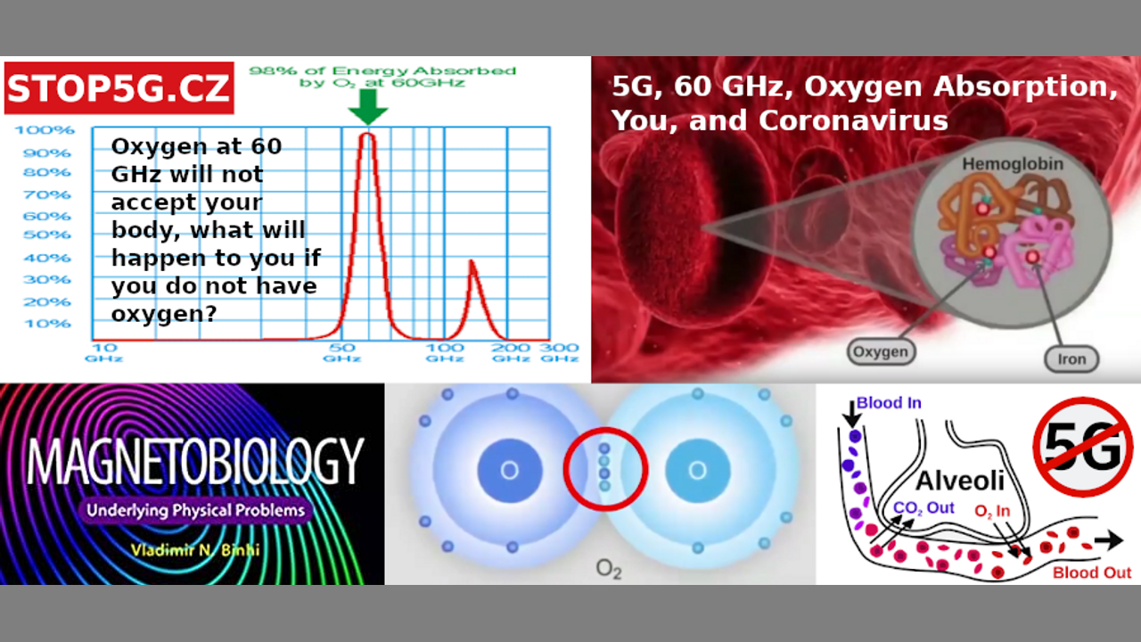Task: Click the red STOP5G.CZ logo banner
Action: tap(119, 87)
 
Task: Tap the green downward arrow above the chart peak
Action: tap(368, 106)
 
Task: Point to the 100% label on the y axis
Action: tap(45, 130)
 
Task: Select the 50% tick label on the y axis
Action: tap(47, 235)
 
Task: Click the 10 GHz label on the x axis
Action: tap(104, 352)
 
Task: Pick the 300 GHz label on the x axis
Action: tap(559, 352)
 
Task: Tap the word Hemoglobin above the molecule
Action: tap(1013, 165)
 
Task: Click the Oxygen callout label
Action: tap(881, 351)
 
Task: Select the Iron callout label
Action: tap(1071, 359)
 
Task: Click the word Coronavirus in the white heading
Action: tap(853, 121)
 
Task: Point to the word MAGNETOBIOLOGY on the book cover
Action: tap(195, 461)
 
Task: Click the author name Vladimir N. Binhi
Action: tap(195, 550)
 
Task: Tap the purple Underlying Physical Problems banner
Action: tap(195, 511)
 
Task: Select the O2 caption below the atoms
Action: tap(609, 569)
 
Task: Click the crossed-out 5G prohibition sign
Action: tap(1083, 448)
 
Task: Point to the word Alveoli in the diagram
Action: tap(960, 481)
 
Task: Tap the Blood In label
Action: tap(889, 403)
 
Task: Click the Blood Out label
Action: tap(1092, 572)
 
